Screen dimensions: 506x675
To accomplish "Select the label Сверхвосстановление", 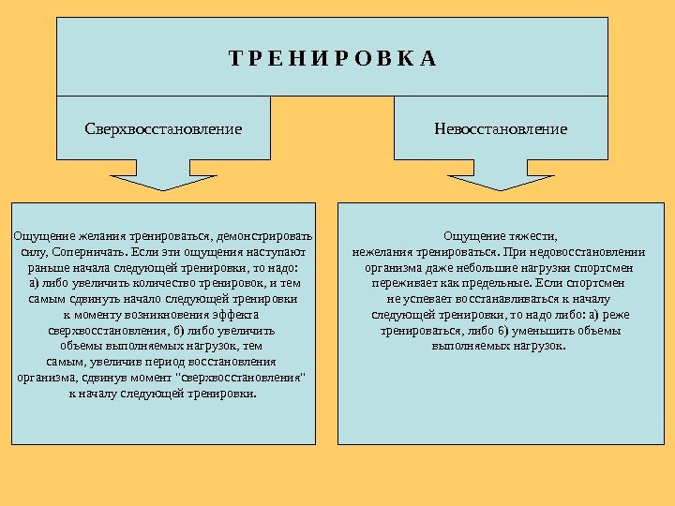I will (163, 128).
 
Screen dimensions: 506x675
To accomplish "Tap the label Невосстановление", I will (501, 128).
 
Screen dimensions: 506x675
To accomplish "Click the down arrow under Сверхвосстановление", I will (163, 174).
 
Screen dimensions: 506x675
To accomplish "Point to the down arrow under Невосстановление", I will (501, 174).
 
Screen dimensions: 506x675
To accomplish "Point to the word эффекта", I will (235, 314).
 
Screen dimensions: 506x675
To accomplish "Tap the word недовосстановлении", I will (582, 251).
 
